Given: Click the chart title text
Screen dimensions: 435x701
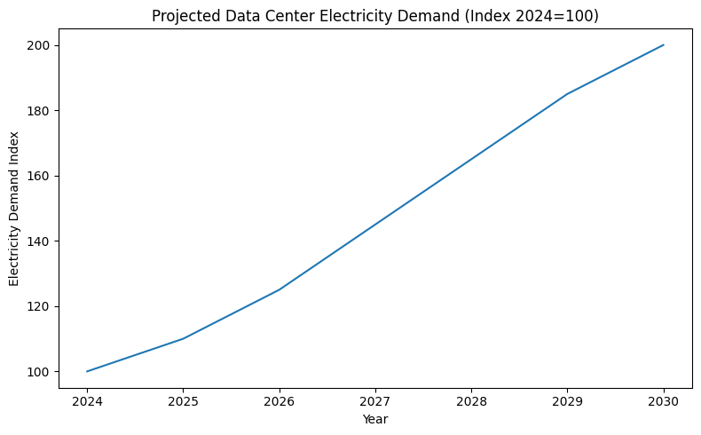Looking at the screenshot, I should (375, 16).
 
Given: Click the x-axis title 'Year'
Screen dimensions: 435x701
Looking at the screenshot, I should (375, 418).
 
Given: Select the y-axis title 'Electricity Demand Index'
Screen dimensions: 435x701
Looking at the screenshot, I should (14, 209).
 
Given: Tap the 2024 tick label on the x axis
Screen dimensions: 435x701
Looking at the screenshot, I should (87, 401).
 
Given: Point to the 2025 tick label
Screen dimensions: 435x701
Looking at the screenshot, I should (183, 401).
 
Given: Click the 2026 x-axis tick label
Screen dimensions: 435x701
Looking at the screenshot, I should (280, 401).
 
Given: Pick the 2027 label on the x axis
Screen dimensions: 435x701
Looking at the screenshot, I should (375, 401).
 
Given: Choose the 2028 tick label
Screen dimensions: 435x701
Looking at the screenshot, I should (471, 401).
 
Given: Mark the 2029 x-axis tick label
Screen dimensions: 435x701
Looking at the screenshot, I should (568, 401).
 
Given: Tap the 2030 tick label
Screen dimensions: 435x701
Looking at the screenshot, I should (664, 401).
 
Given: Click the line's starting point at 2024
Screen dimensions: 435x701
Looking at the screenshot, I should (87, 371).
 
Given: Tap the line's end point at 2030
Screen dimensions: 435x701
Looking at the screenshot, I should (664, 45).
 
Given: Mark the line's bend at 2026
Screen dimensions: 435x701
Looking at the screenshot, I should (280, 289).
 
